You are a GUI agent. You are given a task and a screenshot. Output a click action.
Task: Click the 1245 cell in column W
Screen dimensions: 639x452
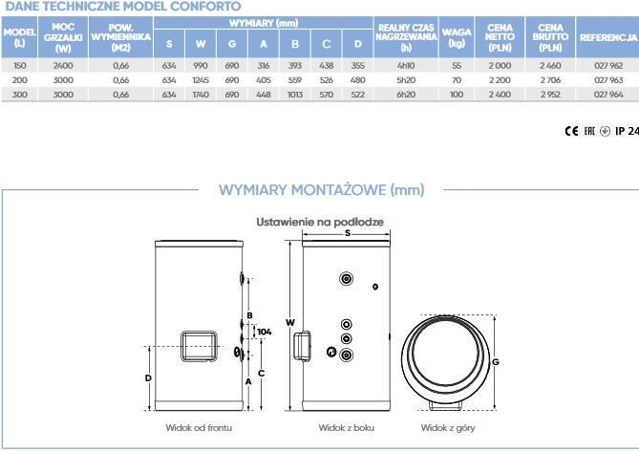point(201,80)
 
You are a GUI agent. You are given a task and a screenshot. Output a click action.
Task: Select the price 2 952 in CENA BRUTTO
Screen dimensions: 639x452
point(550,95)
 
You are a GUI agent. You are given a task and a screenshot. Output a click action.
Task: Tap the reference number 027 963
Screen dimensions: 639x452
point(608,80)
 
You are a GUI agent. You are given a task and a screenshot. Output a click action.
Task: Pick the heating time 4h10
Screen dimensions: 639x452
point(406,66)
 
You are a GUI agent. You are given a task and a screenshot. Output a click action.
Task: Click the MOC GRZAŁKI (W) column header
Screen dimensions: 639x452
point(63,37)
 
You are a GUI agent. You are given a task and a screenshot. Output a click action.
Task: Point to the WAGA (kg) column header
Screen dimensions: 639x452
point(457,37)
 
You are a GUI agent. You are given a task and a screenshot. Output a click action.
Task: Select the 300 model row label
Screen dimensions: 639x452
point(19,95)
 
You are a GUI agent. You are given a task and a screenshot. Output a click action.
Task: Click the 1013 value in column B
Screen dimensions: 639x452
point(295,95)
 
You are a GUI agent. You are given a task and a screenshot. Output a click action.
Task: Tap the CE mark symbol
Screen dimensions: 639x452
point(571,131)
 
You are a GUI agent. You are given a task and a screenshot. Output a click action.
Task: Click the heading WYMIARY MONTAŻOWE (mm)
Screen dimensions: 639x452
point(322,190)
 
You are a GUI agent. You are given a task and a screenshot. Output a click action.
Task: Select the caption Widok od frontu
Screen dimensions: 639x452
point(199,427)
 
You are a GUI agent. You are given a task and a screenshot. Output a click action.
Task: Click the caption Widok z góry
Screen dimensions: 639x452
point(448,427)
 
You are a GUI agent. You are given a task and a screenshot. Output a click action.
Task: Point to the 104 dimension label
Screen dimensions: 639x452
point(264,332)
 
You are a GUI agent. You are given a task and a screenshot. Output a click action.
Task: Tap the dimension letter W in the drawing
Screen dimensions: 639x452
point(289,322)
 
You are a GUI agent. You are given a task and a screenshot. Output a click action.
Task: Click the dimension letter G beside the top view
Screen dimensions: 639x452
point(496,362)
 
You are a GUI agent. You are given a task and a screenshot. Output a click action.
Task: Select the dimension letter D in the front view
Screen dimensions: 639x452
point(148,378)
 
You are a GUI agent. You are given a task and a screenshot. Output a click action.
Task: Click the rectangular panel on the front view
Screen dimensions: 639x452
point(199,347)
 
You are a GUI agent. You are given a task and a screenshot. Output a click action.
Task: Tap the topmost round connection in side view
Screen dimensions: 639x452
point(346,279)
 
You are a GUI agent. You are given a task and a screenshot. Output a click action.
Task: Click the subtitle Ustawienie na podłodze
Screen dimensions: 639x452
point(320,222)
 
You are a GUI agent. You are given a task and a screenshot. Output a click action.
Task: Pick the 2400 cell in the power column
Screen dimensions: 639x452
point(63,66)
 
